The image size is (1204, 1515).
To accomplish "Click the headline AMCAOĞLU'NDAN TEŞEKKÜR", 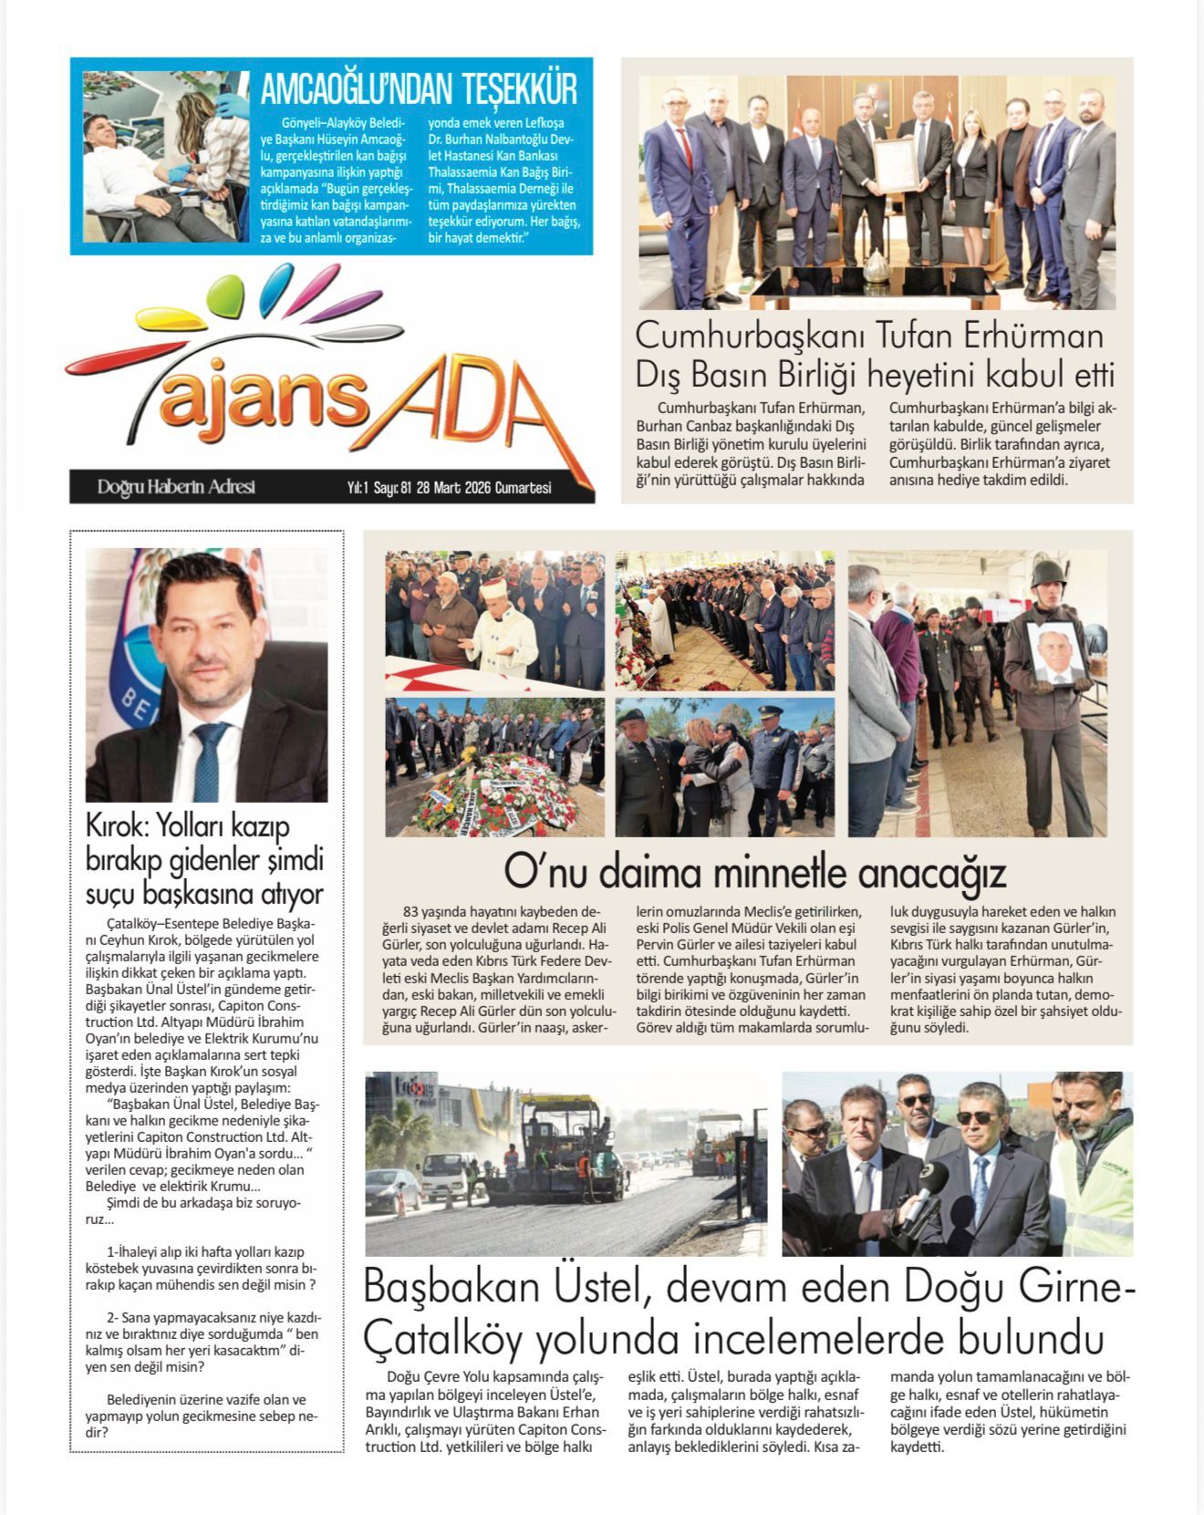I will pyautogui.click(x=419, y=91).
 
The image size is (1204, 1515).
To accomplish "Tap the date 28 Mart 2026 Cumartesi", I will pyautogui.click(x=483, y=488).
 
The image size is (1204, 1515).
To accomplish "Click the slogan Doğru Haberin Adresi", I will pyautogui.click(x=176, y=487).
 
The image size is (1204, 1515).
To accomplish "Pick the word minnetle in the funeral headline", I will pyautogui.click(x=777, y=873).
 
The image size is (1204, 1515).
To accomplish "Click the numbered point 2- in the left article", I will pyautogui.click(x=114, y=1319).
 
